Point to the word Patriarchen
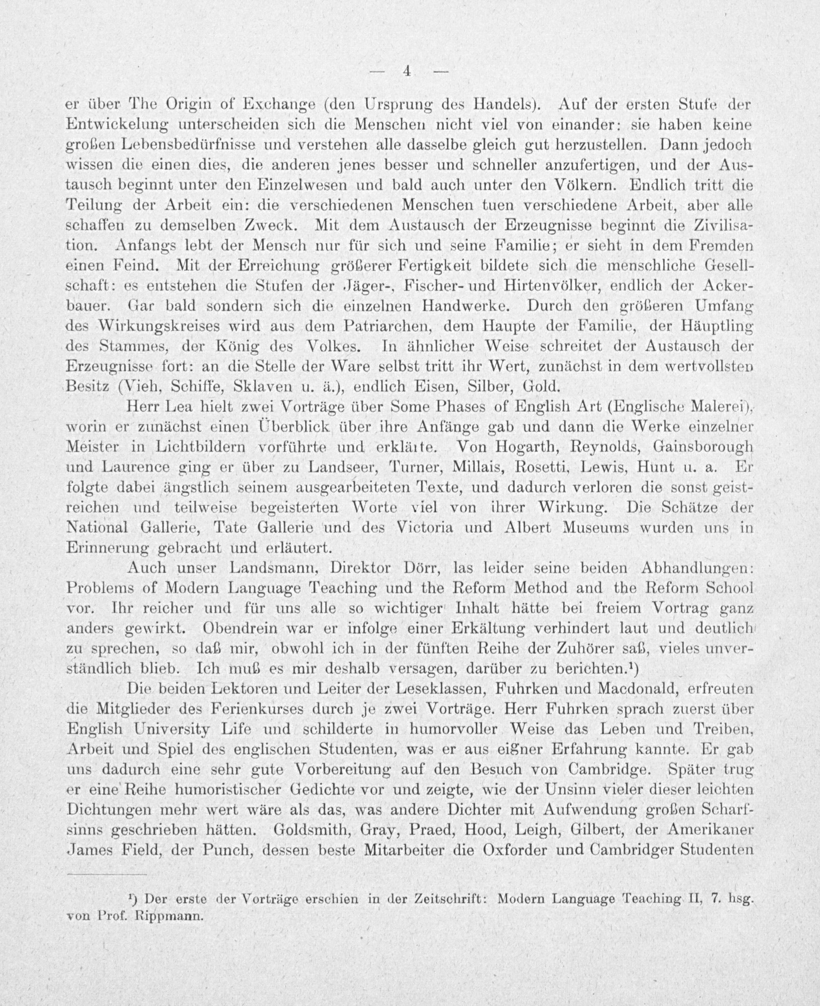[x=385, y=326]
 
